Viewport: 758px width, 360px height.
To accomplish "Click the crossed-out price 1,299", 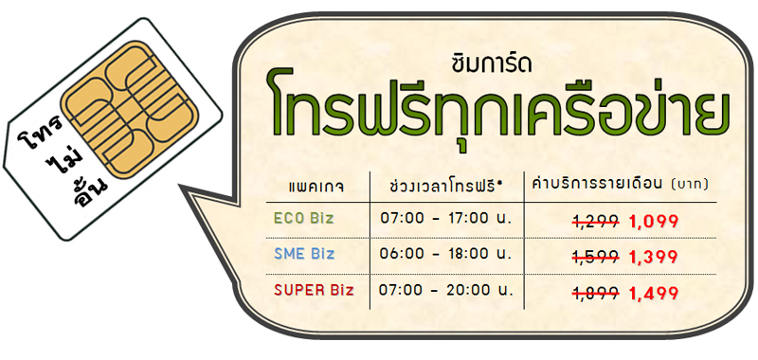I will click(x=596, y=221).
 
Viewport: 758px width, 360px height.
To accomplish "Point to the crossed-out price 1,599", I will click(x=596, y=256).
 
